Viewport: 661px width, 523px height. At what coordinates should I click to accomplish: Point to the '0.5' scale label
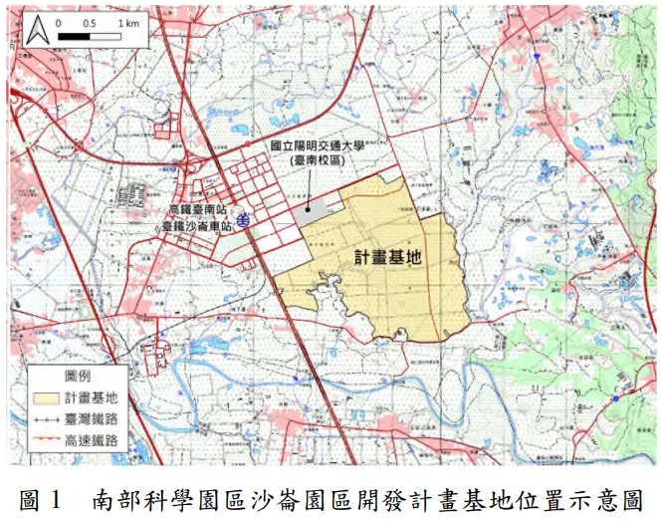click(x=91, y=22)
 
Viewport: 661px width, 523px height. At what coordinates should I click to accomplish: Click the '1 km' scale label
click(x=127, y=22)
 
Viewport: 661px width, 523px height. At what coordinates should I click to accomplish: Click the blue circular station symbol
click(x=245, y=218)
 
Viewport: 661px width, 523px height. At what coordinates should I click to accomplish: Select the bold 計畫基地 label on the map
click(x=388, y=256)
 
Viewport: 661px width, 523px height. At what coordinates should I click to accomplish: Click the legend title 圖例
click(x=79, y=376)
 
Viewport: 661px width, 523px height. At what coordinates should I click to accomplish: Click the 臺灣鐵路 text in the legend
click(x=92, y=418)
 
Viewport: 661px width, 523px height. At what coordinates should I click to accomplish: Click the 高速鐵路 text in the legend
click(x=92, y=439)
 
